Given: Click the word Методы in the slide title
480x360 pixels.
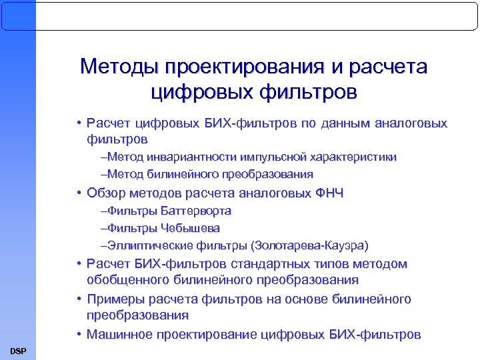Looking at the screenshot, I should pos(119,67).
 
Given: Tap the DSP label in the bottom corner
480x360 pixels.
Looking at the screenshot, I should pos(18,351).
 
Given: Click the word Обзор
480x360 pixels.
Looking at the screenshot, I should pos(107,194).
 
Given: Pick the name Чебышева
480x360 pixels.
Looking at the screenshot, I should pos(189,227).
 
